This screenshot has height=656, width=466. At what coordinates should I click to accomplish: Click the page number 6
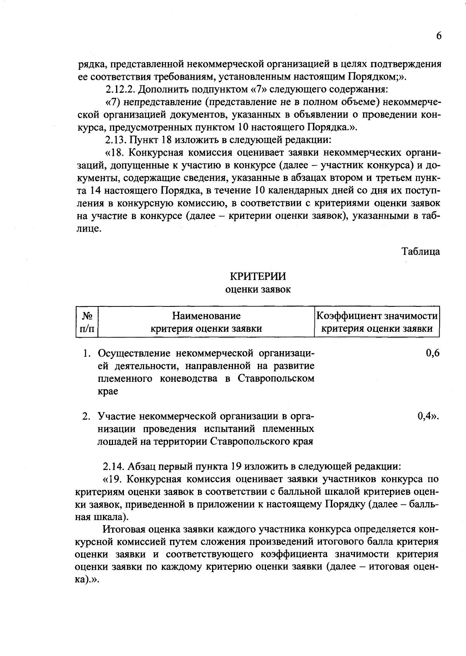[438, 36]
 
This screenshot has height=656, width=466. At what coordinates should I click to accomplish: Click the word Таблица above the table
[421, 251]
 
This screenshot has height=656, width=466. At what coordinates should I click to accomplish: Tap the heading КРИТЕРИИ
[258, 276]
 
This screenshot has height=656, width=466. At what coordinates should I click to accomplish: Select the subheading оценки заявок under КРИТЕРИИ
[258, 289]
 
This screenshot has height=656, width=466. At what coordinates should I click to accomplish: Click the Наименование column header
[206, 315]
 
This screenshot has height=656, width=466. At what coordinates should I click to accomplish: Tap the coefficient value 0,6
[433, 353]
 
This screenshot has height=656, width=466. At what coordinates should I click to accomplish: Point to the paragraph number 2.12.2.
[120, 90]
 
